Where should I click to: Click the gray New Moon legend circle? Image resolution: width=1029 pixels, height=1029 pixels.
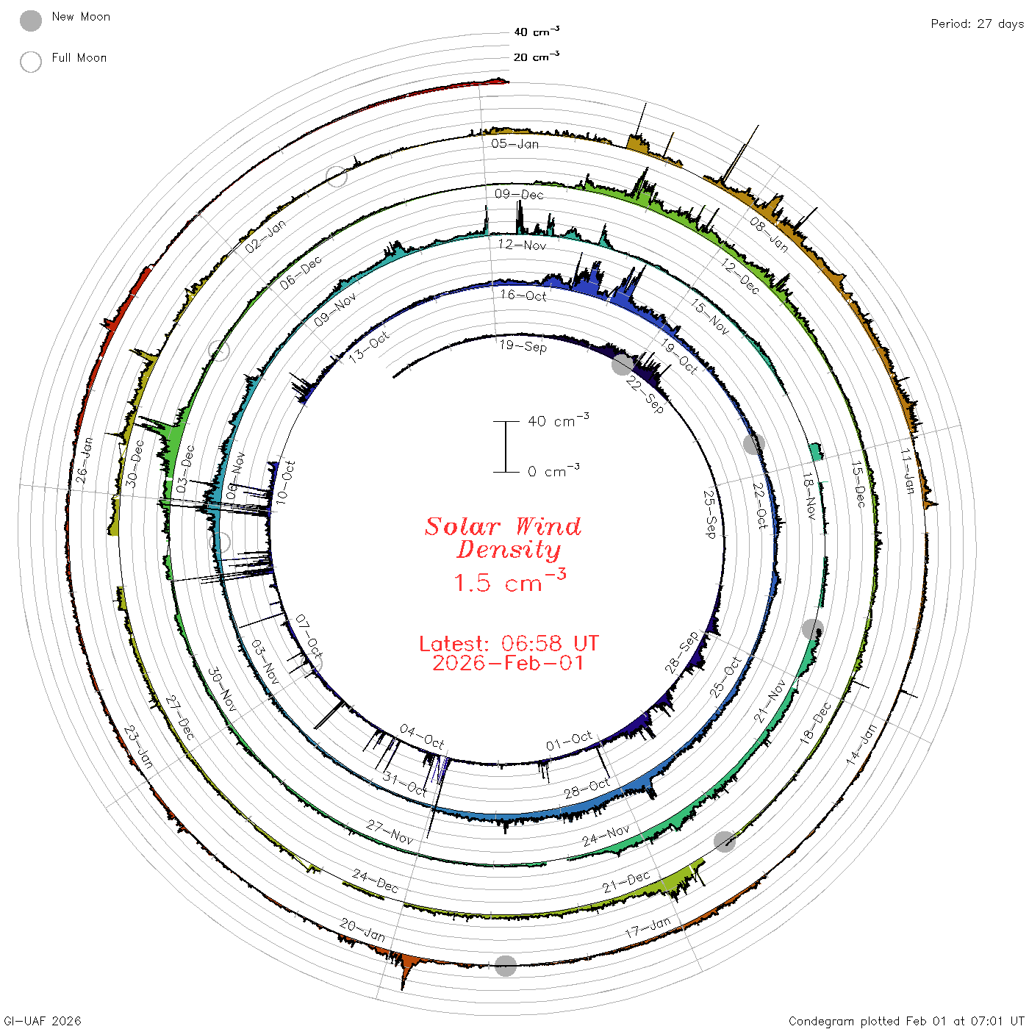click(x=30, y=21)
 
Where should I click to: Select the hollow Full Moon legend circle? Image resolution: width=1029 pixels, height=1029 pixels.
click(x=30, y=62)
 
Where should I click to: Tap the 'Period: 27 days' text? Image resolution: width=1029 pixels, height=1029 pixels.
click(x=977, y=24)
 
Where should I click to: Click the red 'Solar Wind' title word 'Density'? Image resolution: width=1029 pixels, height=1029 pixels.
click(x=508, y=550)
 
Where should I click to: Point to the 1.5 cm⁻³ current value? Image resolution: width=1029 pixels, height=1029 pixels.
click(x=509, y=581)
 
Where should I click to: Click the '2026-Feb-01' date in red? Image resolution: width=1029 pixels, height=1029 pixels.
click(x=508, y=663)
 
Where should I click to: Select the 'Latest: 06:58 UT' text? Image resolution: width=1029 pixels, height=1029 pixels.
click(x=509, y=643)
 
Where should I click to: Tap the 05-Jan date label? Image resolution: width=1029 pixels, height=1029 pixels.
click(x=514, y=143)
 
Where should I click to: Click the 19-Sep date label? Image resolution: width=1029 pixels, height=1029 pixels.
click(x=523, y=346)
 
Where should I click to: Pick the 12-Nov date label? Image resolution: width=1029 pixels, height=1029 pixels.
click(x=522, y=245)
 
